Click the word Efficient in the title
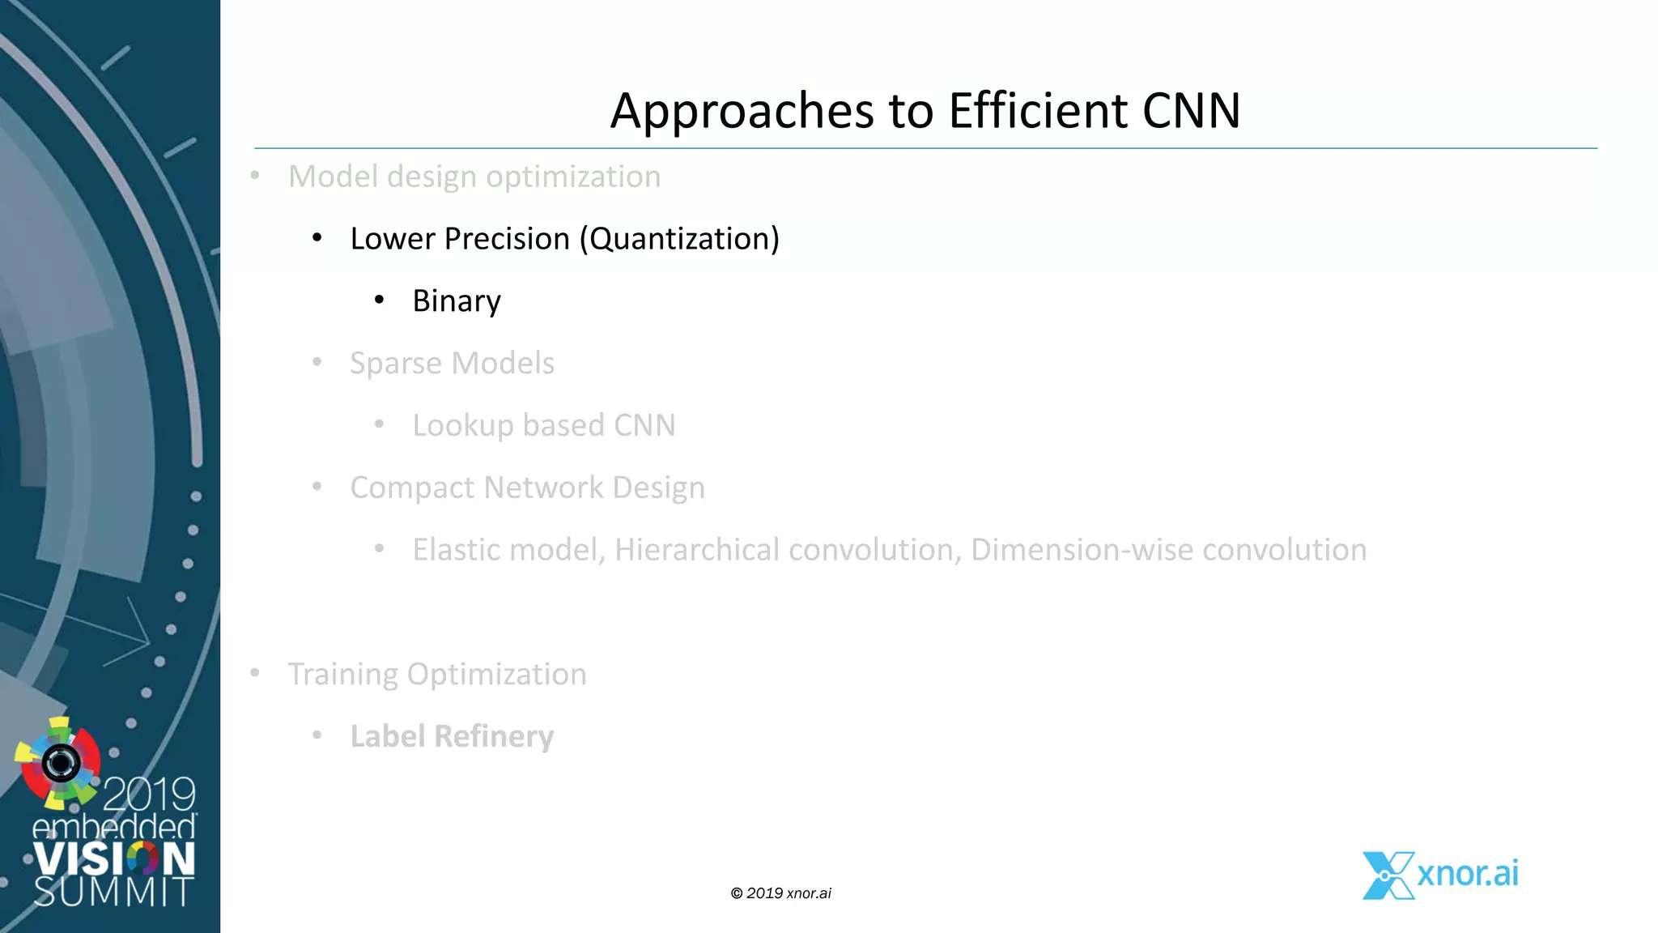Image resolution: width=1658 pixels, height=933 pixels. [x=1038, y=110]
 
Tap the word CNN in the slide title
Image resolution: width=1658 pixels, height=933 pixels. [x=1191, y=110]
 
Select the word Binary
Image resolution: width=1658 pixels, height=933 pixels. [x=457, y=301]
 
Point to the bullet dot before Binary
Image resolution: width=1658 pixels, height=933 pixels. [x=379, y=300]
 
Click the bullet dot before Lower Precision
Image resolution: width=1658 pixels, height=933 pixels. [x=317, y=238]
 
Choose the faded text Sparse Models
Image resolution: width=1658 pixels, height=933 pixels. [x=452, y=363]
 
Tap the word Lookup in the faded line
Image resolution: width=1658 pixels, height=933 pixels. [x=463, y=426]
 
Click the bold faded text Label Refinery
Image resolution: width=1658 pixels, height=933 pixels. [x=452, y=736]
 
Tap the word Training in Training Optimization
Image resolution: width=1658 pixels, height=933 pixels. [x=343, y=675]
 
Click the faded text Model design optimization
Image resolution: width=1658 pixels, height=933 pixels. [x=474, y=177]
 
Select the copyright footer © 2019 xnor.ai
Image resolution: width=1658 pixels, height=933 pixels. [x=780, y=893]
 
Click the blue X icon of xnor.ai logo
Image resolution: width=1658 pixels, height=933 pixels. [x=1388, y=875]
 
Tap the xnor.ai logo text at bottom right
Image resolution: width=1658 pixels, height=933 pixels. [x=1467, y=873]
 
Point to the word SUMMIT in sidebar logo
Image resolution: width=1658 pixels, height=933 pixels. [x=113, y=893]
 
